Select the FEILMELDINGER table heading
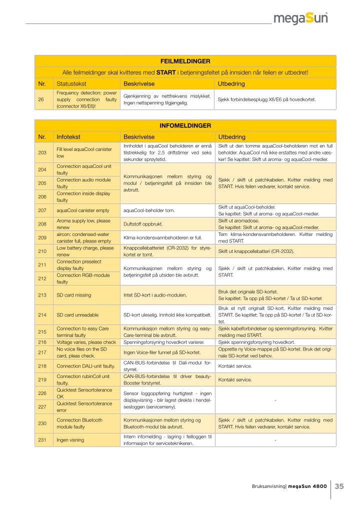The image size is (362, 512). click(185, 61)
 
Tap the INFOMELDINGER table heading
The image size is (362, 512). click(185, 125)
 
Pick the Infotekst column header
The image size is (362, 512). click(69, 136)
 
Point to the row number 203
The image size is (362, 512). click(42, 152)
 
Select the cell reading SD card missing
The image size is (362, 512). click(74, 295)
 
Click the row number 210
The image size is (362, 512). click(42, 251)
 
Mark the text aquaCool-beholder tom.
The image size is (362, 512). click(149, 210)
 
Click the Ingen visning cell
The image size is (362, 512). click(70, 440)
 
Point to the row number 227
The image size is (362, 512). click(42, 406)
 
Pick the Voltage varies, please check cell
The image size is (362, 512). click(86, 342)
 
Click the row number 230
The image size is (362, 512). click(42, 423)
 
